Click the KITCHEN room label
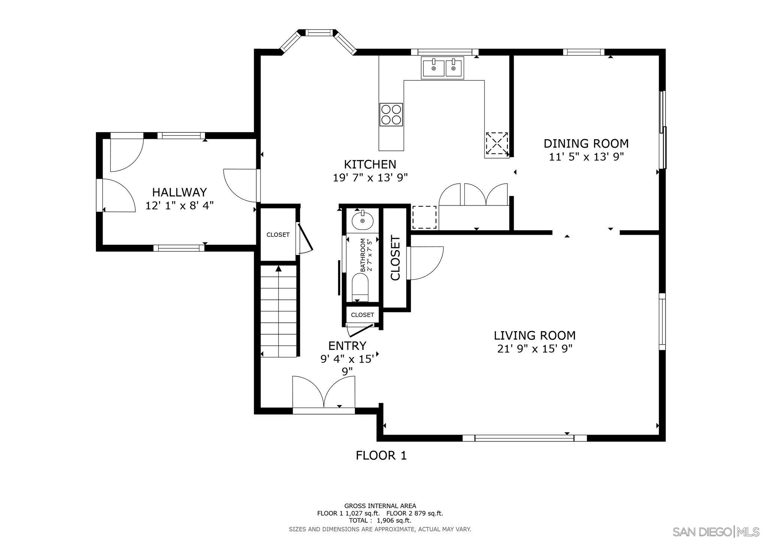[x=370, y=164]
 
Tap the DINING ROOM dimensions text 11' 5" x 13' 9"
[x=586, y=157]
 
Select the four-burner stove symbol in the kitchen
[x=391, y=114]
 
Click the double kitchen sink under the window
[x=443, y=68]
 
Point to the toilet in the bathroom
[x=361, y=287]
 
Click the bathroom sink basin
[x=362, y=220]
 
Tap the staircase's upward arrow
[x=278, y=268]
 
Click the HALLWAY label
[x=179, y=192]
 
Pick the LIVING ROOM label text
[x=534, y=335]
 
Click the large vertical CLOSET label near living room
[x=396, y=258]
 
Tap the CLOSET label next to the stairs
[x=278, y=235]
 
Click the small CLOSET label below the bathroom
[x=362, y=315]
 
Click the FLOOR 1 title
[x=381, y=455]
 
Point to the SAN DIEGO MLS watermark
[x=715, y=532]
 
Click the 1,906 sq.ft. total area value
[x=394, y=520]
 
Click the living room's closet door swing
[x=426, y=262]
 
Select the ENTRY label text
[x=347, y=345]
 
